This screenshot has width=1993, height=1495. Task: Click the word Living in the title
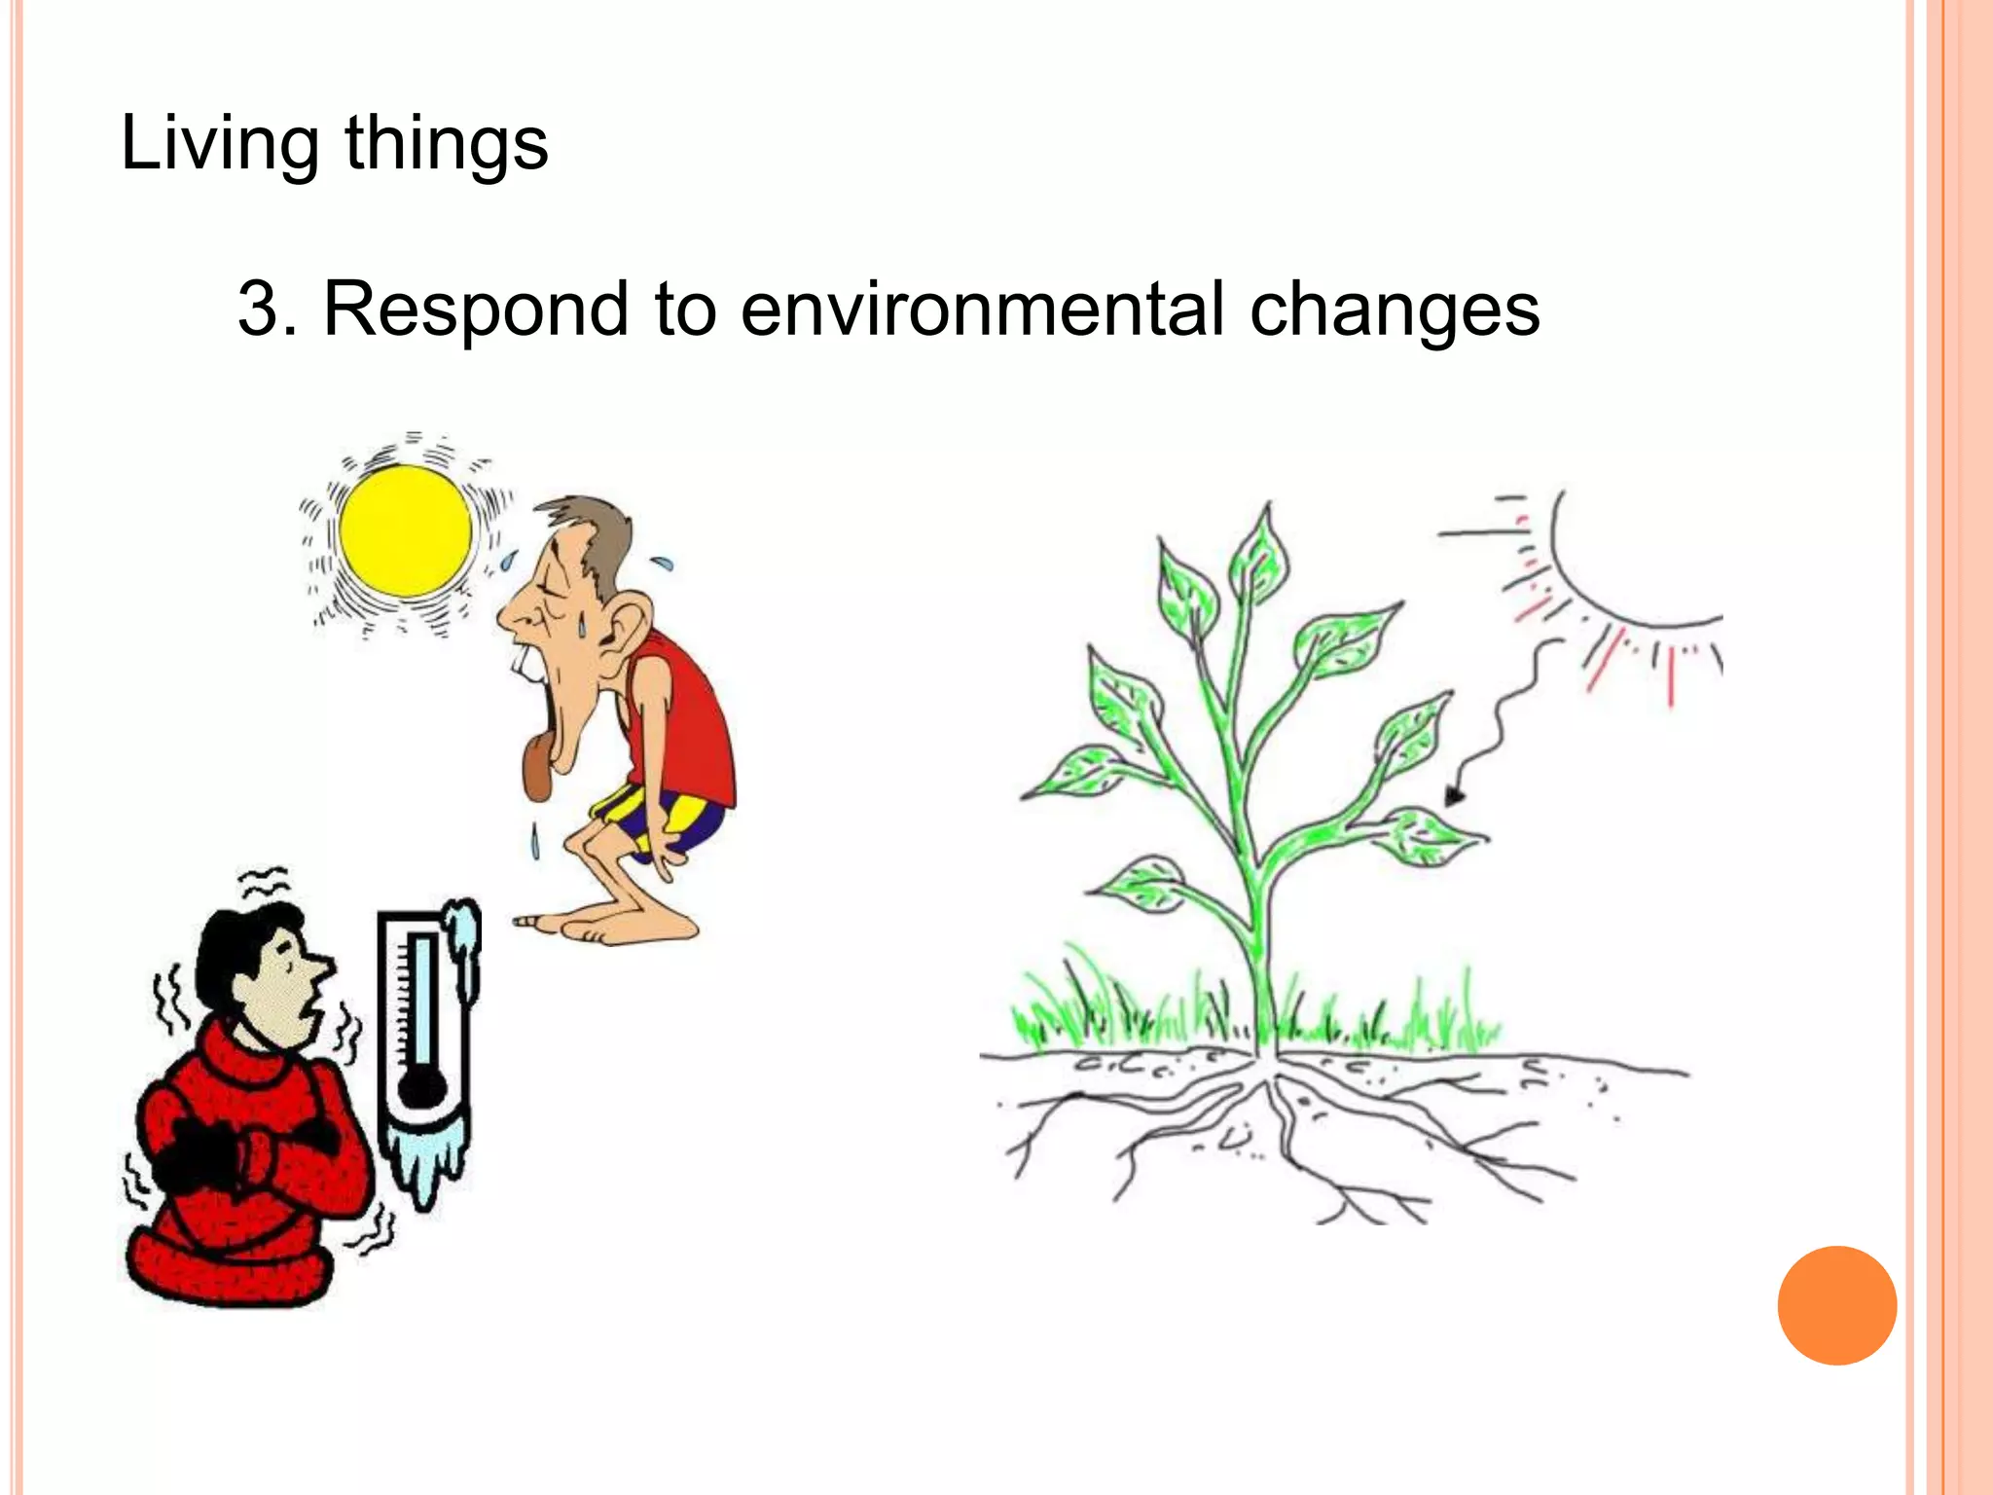point(219,143)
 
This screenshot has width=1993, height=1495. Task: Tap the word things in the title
point(447,143)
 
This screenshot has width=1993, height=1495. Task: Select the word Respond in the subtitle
point(476,309)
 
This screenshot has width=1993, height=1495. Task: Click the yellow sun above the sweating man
point(406,530)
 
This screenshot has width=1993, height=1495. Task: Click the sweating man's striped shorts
point(671,822)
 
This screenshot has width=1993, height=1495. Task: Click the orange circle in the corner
point(1836,1305)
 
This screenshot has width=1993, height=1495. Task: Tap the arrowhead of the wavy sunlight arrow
point(1454,797)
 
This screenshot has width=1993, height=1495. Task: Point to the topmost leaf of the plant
point(1262,555)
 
